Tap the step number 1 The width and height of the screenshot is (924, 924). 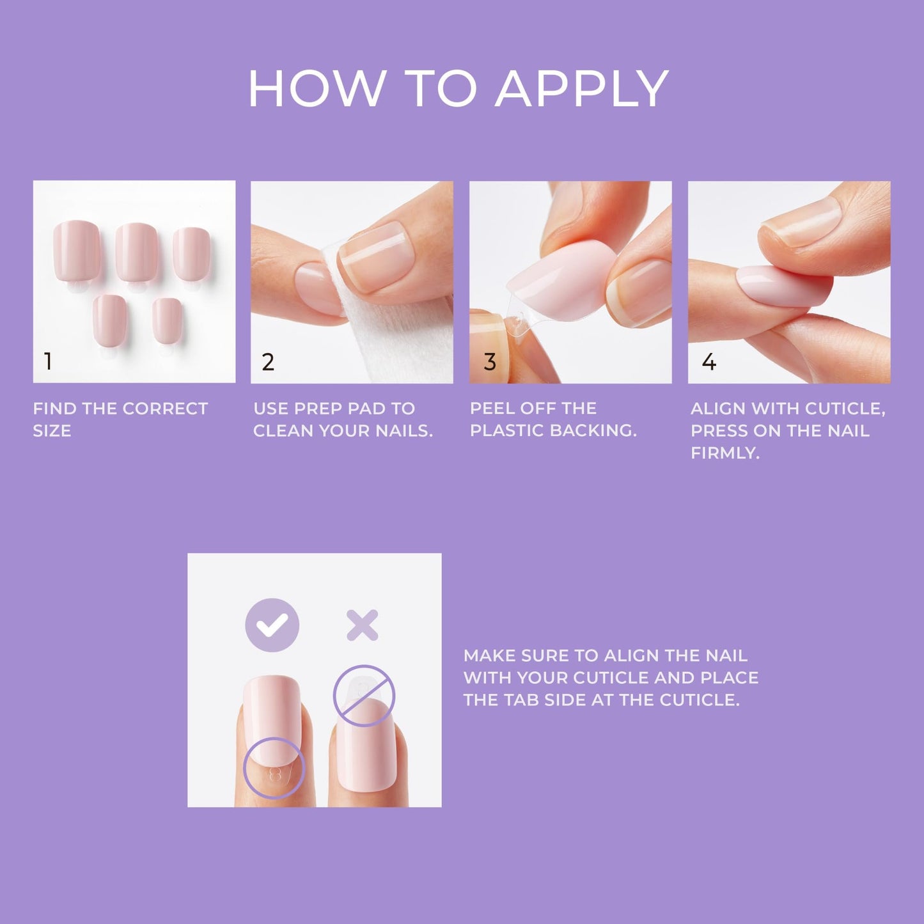coord(48,362)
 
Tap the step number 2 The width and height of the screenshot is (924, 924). coord(268,362)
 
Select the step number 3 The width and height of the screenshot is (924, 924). coord(490,362)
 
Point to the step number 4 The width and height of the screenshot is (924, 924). coord(709,362)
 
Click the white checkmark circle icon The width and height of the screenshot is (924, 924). coord(272,625)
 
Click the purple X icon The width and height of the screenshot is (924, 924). coord(362,625)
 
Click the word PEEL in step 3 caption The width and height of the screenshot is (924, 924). coord(491,409)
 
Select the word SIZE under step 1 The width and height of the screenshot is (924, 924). coord(52,431)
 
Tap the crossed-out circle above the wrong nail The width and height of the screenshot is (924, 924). coord(364,696)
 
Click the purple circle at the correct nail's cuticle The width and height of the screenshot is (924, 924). coord(274,768)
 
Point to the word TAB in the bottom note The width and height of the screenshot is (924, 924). coord(522,700)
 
